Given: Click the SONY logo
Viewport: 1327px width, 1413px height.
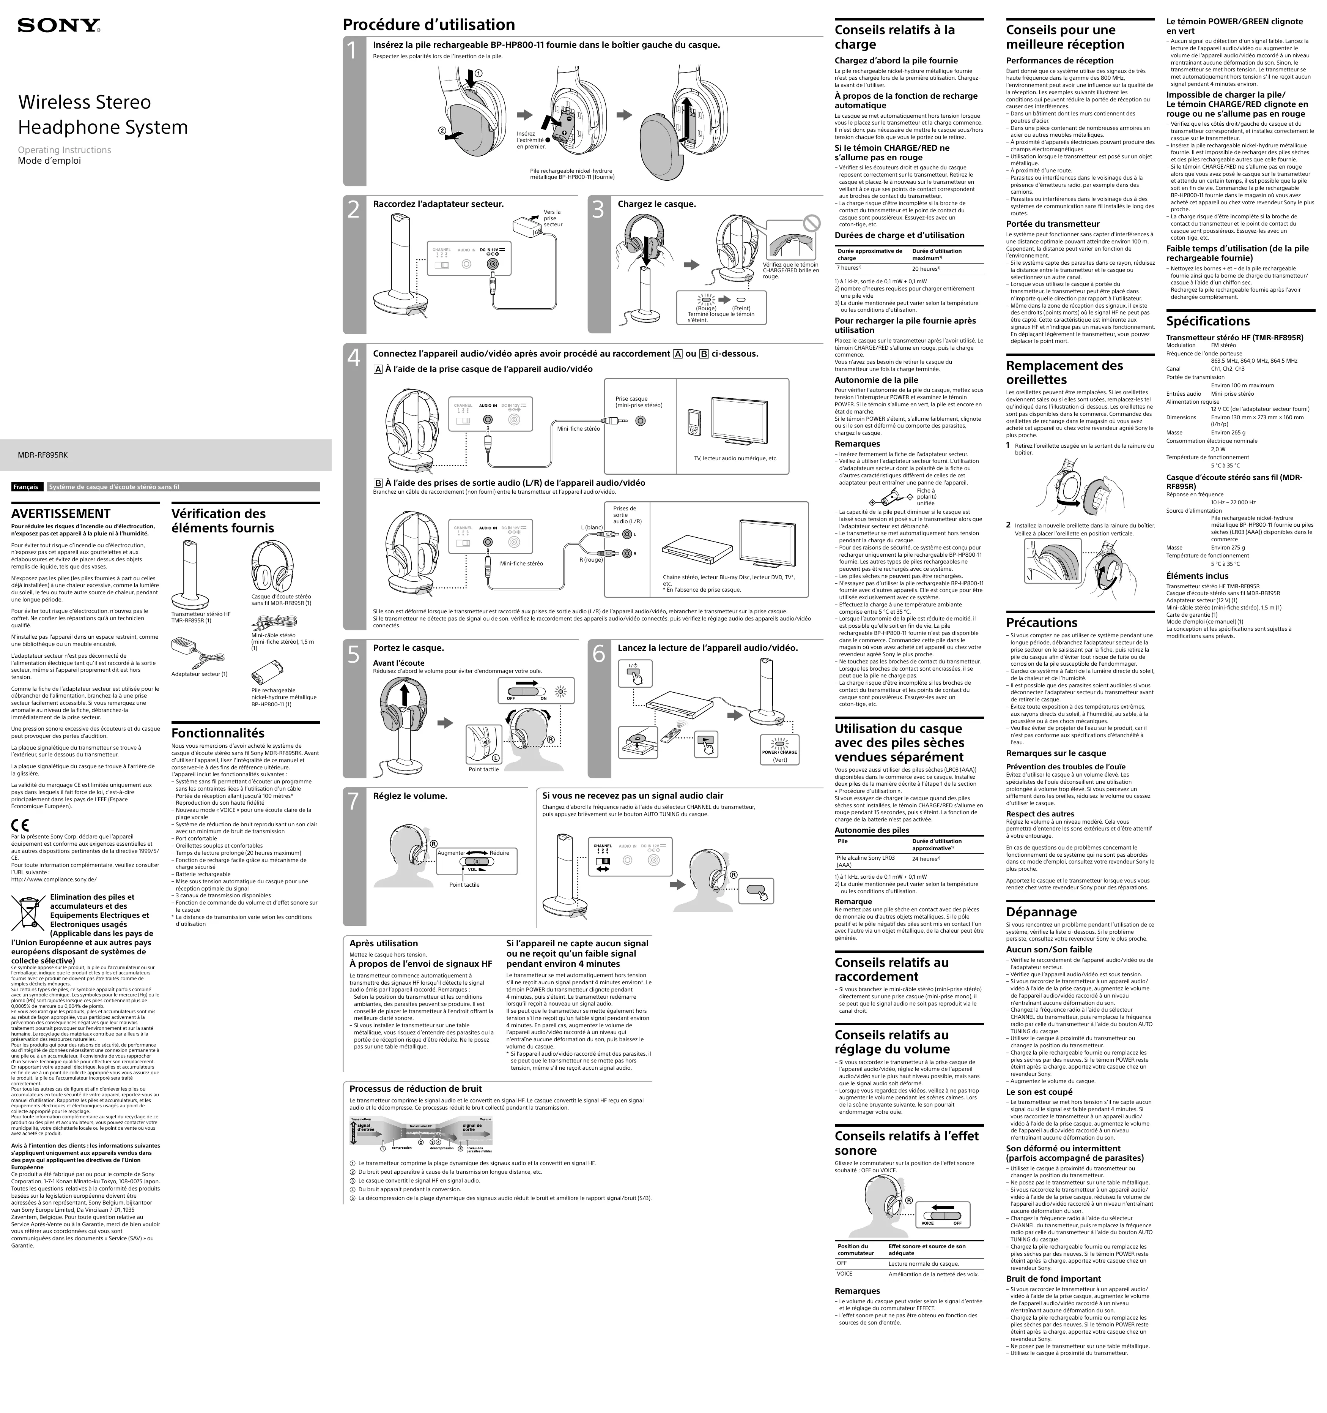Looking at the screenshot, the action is (x=59, y=26).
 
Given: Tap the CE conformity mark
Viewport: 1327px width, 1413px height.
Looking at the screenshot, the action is (x=20, y=825).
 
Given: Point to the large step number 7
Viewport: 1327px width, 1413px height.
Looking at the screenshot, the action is (x=353, y=801).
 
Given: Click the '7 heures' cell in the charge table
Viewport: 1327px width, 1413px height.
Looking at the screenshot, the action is (x=849, y=268).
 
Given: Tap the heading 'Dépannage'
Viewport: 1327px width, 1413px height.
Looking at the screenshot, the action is (x=1041, y=912).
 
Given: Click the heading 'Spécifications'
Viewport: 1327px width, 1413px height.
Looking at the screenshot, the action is (x=1207, y=321).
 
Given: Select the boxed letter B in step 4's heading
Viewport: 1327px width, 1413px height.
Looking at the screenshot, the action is (x=704, y=354).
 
